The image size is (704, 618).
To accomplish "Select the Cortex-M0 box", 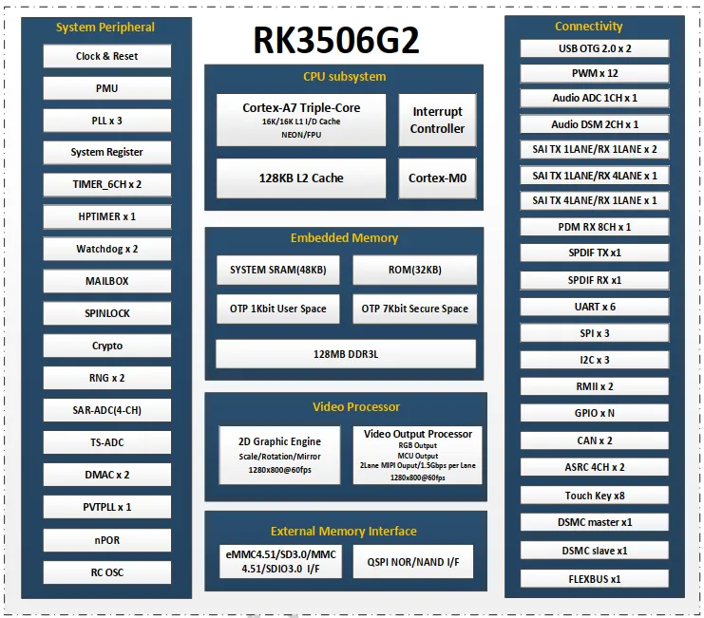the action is click(437, 178).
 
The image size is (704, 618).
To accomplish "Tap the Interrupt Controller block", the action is click(437, 120).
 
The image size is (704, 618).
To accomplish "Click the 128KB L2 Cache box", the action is click(301, 178).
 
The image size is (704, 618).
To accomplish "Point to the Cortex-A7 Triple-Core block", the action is click(301, 119).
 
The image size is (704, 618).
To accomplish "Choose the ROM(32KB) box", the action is click(414, 270).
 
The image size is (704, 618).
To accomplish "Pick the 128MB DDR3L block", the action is click(346, 353).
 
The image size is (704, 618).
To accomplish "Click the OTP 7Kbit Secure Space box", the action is click(414, 309).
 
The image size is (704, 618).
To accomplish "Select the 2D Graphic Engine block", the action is click(279, 455).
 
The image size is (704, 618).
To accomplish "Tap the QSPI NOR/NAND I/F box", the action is click(413, 562).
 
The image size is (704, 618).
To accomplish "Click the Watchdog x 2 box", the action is click(107, 249).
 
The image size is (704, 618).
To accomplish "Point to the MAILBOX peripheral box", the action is click(107, 281).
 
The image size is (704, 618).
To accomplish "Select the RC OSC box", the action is click(107, 571).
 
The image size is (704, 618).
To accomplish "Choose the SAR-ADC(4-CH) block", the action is click(107, 410).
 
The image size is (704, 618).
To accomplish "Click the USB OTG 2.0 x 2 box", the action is click(595, 48).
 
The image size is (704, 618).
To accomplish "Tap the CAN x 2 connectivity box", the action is click(595, 440).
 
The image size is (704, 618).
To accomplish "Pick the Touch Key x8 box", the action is click(595, 496).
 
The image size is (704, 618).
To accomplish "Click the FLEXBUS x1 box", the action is click(595, 578).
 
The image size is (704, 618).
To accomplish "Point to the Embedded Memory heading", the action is click(344, 238).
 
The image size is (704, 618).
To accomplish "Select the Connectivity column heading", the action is click(589, 27).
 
